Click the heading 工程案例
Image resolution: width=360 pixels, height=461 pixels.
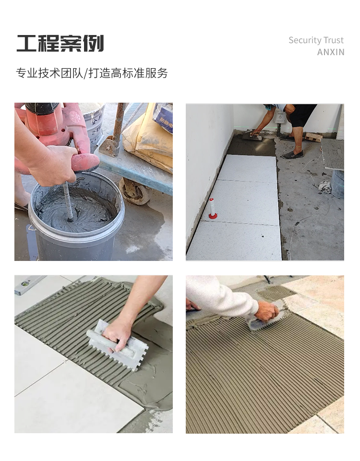coord(60,44)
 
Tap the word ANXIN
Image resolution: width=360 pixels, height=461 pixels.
coord(331,52)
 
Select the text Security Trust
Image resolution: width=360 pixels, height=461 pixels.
coord(316,40)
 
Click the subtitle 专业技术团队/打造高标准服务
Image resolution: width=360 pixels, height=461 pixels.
coord(92,73)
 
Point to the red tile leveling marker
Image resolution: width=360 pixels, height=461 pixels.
coord(212,209)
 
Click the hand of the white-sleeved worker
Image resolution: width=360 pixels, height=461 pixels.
coord(266,311)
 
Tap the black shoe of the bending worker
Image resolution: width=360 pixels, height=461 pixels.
coord(292,154)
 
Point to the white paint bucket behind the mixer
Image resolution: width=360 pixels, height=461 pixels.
coord(93,123)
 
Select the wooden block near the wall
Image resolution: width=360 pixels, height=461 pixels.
coord(313,137)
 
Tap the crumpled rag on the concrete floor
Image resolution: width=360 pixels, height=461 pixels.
coord(325,186)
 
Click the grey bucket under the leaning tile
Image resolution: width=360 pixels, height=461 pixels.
coord(337,184)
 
